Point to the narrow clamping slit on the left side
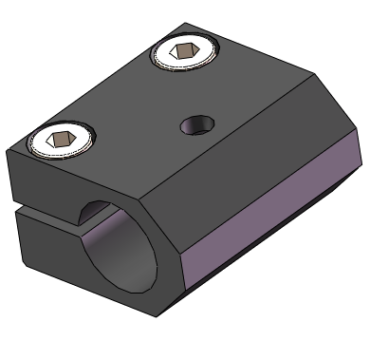point(38,204)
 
